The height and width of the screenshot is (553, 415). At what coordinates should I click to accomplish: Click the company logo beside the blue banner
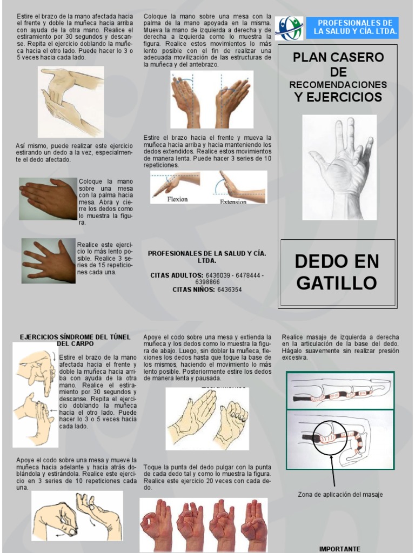(x=289, y=28)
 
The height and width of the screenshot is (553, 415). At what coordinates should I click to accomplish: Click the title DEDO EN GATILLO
(x=337, y=272)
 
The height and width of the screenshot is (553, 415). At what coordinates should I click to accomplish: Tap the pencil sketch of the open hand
(x=339, y=167)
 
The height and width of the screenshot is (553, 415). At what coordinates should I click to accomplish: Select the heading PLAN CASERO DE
(x=338, y=64)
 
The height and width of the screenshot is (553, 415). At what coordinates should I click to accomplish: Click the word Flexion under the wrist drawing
(x=177, y=199)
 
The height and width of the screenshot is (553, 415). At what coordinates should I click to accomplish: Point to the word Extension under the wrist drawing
(x=233, y=201)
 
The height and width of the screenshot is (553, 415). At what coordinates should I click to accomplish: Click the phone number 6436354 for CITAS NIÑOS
(x=230, y=289)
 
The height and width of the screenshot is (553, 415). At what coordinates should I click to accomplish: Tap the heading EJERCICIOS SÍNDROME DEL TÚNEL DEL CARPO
(x=75, y=340)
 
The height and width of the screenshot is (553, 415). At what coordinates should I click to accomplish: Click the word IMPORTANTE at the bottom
(x=339, y=549)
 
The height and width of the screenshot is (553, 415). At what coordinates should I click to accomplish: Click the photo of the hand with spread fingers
(x=49, y=261)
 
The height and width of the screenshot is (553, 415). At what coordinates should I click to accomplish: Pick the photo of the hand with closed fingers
(x=48, y=198)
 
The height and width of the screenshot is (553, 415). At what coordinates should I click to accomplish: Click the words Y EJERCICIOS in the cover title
(x=338, y=97)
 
